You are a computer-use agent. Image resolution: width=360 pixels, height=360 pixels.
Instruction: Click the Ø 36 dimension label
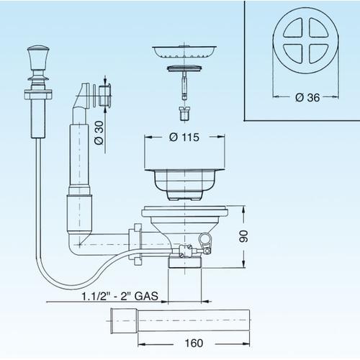(x=307, y=97)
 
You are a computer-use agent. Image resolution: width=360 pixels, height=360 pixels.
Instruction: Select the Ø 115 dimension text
(x=184, y=138)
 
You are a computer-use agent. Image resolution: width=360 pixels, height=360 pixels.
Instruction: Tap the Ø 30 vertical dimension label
(x=99, y=132)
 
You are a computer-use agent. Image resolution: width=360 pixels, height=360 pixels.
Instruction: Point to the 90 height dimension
(x=243, y=236)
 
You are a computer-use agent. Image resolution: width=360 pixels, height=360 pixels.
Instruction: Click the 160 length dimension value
(x=194, y=343)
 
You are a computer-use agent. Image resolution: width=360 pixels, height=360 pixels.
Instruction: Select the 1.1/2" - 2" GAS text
(x=120, y=296)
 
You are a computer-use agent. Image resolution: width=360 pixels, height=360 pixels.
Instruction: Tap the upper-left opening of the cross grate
(x=293, y=28)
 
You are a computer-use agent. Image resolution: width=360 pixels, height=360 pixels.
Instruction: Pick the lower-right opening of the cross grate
(x=318, y=54)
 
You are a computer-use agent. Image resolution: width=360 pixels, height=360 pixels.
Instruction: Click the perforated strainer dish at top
(x=184, y=52)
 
